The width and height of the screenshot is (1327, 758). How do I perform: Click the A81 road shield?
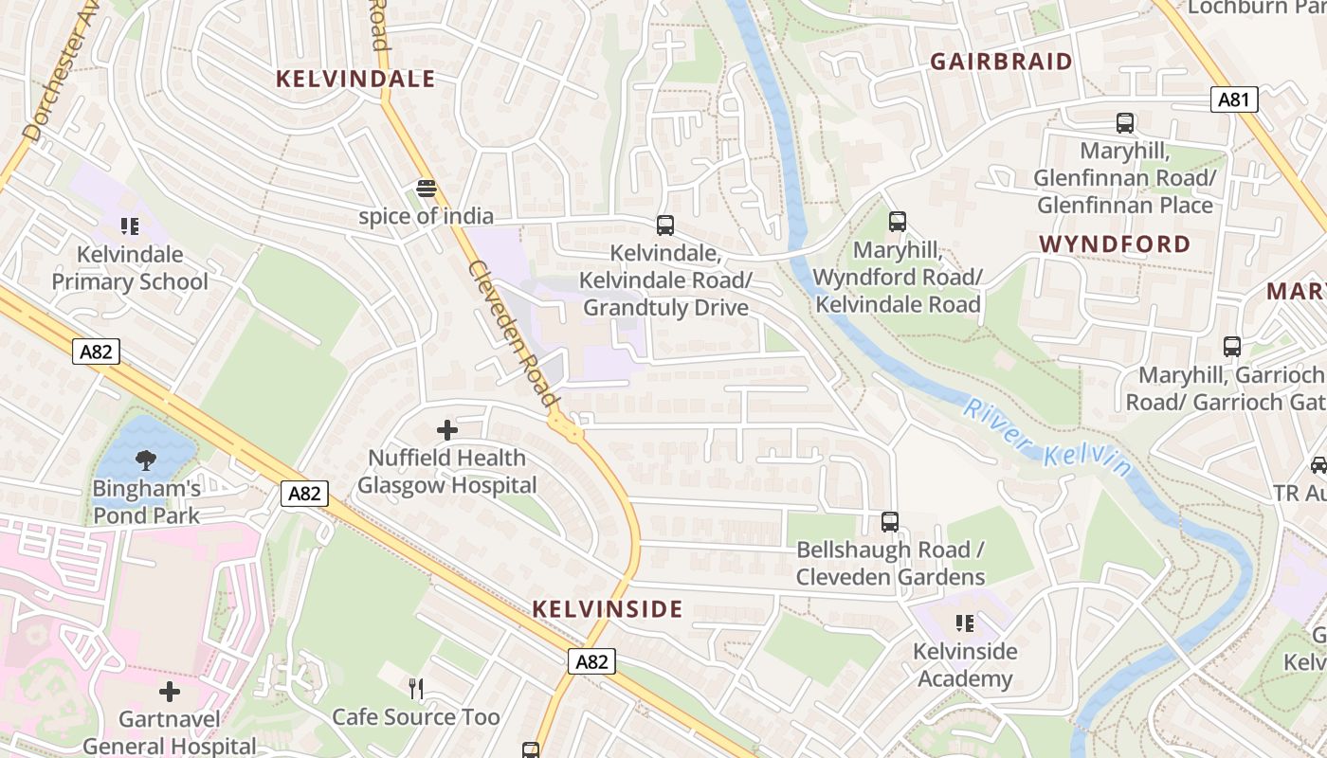[x=1233, y=99]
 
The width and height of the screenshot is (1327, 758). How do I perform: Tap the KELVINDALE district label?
[x=355, y=79]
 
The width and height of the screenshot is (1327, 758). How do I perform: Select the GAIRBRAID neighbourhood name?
[x=1002, y=62]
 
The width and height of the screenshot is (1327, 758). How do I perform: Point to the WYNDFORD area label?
[x=1115, y=244]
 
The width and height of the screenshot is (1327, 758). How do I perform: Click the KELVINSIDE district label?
[x=608, y=609]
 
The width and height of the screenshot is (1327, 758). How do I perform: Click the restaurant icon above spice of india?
[x=426, y=189]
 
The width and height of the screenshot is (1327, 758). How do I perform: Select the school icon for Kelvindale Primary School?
[x=130, y=226]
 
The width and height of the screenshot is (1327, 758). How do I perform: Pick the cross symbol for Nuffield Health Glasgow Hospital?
[x=446, y=430]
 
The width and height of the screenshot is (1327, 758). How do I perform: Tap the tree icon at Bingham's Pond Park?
[x=146, y=461]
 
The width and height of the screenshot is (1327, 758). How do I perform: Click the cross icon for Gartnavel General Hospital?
[x=170, y=692]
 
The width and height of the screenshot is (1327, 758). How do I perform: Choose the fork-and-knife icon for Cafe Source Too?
[x=415, y=688]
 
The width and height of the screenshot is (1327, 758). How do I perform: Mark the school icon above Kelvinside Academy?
[x=965, y=623]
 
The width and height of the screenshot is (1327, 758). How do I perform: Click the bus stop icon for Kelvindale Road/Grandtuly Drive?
[x=665, y=226]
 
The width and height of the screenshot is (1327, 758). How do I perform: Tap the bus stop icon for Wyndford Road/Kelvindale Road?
[x=897, y=222]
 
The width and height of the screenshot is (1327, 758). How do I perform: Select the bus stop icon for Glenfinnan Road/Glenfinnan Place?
[x=1124, y=123]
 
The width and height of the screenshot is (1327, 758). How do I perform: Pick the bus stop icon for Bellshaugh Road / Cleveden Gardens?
[x=889, y=521]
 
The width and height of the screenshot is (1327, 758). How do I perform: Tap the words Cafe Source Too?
[x=415, y=717]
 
